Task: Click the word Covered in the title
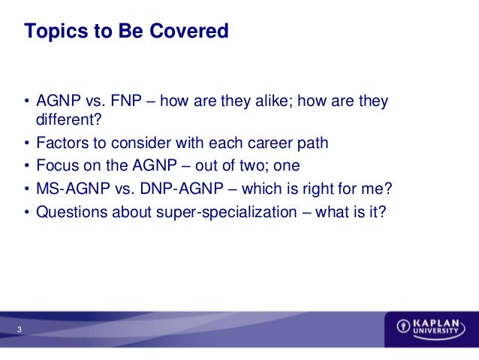pyautogui.click(x=189, y=31)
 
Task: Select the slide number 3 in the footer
pyautogui.click(x=20, y=329)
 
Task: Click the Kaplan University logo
pyautogui.click(x=431, y=329)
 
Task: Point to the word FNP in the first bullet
pyautogui.click(x=126, y=101)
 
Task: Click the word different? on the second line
pyautogui.click(x=68, y=119)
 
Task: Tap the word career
pyautogui.click(x=270, y=143)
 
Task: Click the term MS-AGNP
pyautogui.click(x=73, y=189)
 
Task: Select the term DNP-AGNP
pyautogui.click(x=182, y=189)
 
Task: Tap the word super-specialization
pyautogui.click(x=227, y=212)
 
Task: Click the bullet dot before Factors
pyautogui.click(x=27, y=143)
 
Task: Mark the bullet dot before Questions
pyautogui.click(x=27, y=212)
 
